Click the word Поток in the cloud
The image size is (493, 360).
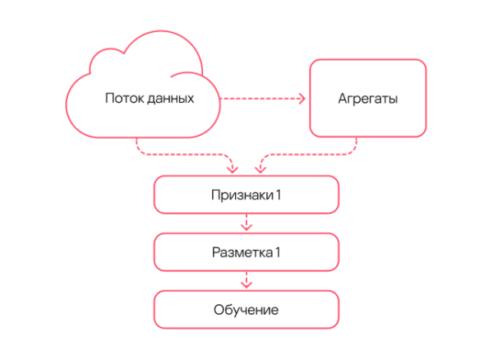122,99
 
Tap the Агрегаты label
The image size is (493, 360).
367,99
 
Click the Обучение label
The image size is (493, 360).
246,310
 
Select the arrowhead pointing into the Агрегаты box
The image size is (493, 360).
302,99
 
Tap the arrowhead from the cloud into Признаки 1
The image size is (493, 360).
233,169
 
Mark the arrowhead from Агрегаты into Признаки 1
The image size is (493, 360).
260,169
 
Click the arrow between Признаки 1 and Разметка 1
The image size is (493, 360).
246,224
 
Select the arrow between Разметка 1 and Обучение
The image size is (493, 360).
246,281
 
